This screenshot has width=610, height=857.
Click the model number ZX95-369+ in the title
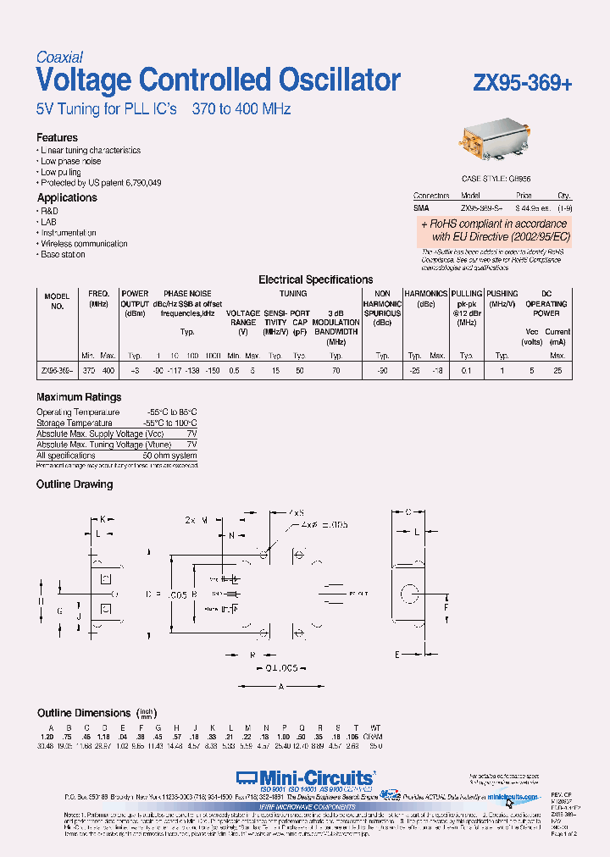(x=522, y=83)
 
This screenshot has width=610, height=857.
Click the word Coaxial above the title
(x=59, y=58)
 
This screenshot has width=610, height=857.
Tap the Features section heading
(x=57, y=137)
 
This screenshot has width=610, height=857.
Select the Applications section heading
(x=67, y=197)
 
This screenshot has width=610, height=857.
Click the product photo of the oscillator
(x=496, y=141)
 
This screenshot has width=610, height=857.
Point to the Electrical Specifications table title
(x=315, y=279)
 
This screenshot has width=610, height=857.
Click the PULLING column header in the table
(x=467, y=294)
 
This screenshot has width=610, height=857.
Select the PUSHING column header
(x=502, y=294)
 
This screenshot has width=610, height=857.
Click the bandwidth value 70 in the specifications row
(x=335, y=371)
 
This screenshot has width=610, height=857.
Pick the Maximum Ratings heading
(x=79, y=397)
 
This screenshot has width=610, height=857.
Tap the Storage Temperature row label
(x=75, y=423)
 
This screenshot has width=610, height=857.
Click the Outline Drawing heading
(x=75, y=484)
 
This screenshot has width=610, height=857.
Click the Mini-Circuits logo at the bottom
(x=305, y=777)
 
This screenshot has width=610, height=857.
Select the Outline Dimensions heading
(x=84, y=713)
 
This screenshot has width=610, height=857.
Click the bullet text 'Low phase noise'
(x=71, y=161)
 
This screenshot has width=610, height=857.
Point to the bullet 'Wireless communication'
(x=84, y=243)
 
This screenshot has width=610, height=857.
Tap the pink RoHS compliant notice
(x=495, y=230)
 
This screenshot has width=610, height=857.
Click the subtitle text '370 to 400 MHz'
(x=241, y=110)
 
